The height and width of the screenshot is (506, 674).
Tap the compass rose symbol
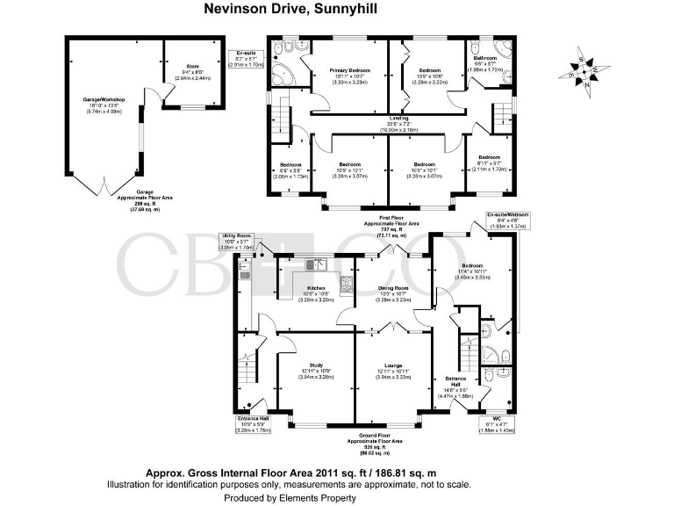coord(584,70)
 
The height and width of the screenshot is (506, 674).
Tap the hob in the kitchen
coord(347,285)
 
